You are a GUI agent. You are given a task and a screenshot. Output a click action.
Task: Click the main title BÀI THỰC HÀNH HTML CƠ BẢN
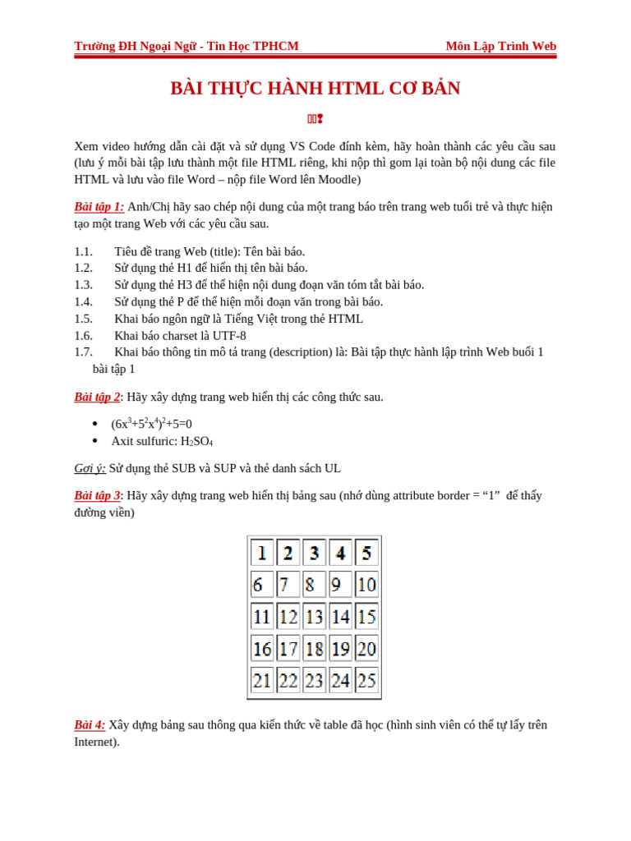[315, 89]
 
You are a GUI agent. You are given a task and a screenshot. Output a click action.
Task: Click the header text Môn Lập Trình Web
[500, 46]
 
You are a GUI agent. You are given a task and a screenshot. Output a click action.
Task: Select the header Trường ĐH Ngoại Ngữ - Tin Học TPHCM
[187, 46]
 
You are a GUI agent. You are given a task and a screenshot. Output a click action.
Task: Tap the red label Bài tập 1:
[99, 207]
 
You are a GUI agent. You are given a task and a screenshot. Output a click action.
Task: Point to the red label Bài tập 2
[97, 398]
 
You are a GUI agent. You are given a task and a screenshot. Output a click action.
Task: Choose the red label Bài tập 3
[97, 496]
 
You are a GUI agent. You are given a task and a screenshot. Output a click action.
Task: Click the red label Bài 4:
[90, 725]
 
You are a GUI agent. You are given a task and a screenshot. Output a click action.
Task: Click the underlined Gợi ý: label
[90, 468]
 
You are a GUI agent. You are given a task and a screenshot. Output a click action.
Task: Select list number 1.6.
[83, 336]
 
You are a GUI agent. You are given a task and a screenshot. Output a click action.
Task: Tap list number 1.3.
[83, 285]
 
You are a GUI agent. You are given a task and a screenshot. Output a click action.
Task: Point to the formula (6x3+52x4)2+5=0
[151, 424]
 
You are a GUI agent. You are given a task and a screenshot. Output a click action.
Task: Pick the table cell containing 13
[314, 616]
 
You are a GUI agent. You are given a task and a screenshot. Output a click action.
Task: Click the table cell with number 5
[366, 553]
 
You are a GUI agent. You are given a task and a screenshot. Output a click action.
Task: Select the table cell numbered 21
[262, 680]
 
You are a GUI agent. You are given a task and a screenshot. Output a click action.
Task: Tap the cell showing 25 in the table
[366, 680]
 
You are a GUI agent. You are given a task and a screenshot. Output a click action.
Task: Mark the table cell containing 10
[366, 585]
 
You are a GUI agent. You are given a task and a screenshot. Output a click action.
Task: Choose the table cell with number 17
[288, 648]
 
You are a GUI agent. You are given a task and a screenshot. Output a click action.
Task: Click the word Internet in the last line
[96, 742]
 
